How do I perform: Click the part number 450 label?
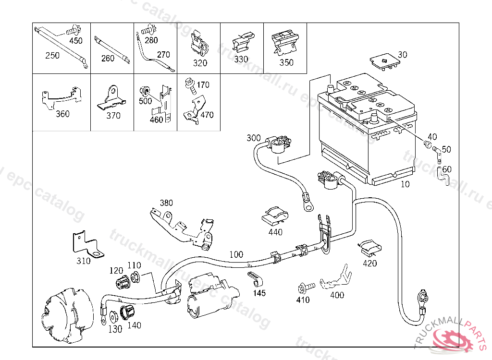[x=76, y=41]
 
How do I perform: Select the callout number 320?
[x=200, y=63]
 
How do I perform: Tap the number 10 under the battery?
[x=405, y=184]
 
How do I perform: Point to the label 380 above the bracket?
[x=166, y=203]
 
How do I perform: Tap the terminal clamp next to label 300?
[x=278, y=144]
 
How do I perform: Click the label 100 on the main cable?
[x=236, y=254]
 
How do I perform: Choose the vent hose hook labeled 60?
[x=443, y=178]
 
